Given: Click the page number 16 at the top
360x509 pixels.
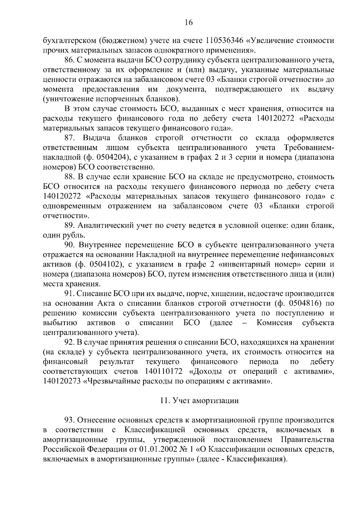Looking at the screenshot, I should (x=189, y=22).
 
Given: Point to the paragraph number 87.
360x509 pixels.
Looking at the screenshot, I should (x=70, y=138).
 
